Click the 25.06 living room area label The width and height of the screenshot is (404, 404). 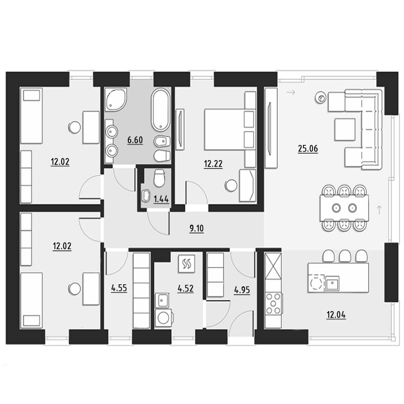pos(308,148)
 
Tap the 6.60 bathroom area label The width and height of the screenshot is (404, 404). pos(135,140)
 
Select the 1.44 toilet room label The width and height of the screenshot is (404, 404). pos(161,199)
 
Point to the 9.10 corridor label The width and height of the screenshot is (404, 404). pos(196,229)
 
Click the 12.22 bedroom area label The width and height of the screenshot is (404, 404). pos(213,164)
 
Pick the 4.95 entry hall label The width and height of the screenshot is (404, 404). pos(242,290)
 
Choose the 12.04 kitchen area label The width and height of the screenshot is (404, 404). pos(336,315)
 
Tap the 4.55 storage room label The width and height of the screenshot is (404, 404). pos(119,288)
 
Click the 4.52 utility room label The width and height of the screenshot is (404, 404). pos(185,288)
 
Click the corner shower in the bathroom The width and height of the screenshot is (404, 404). pos(116,99)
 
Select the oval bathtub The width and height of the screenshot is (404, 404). pos(161,110)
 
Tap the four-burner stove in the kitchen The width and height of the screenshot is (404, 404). pos(273,304)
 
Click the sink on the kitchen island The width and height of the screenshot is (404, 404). pos(332,283)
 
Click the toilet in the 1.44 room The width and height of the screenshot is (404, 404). pos(159,178)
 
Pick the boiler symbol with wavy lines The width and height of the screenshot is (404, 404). pos(186,264)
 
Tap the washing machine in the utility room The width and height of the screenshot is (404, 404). pos(164,318)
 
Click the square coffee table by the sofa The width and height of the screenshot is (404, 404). pos(345,129)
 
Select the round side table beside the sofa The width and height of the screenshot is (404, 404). pos(321,98)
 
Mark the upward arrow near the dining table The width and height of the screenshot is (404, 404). pos(379,210)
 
